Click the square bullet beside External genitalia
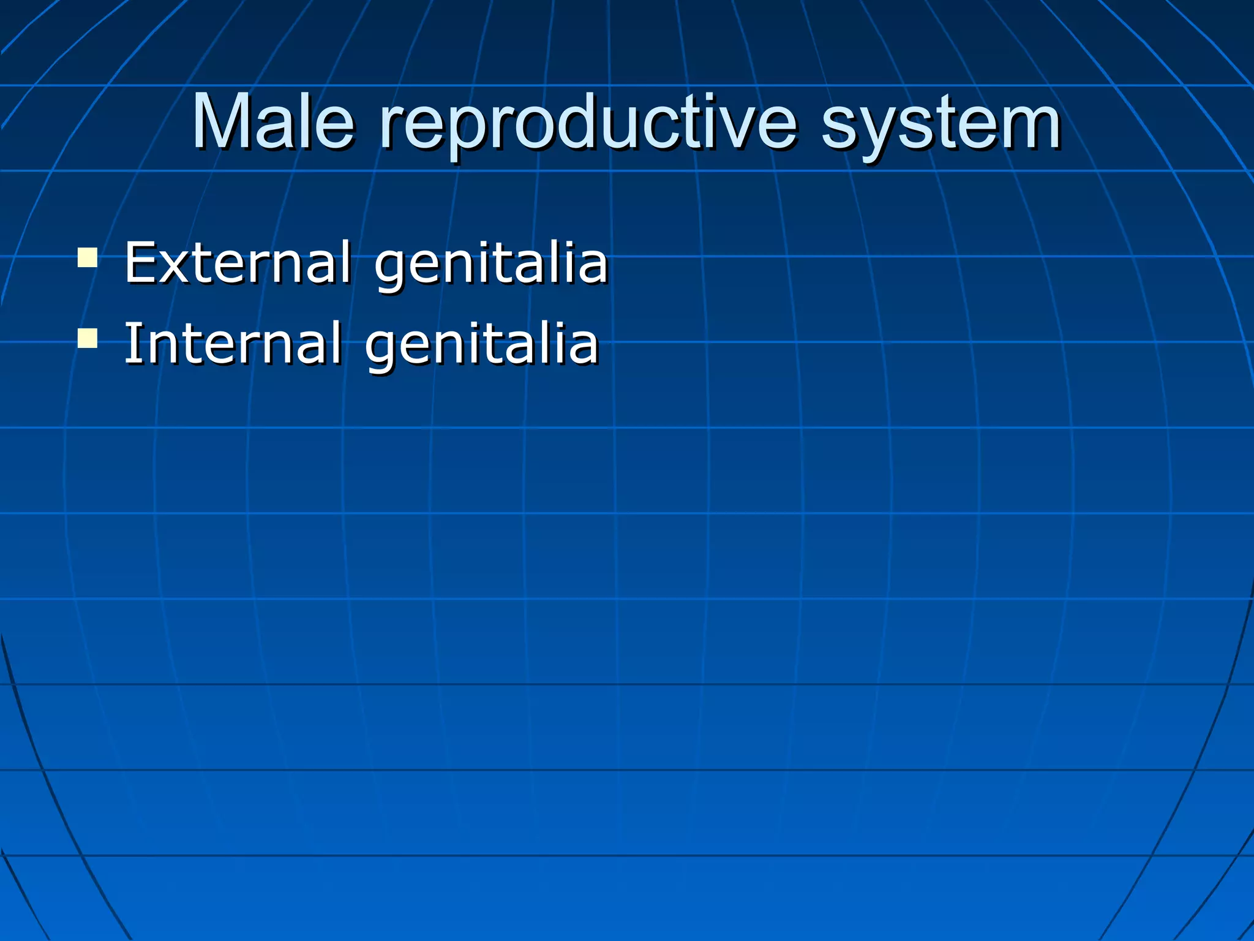(88, 257)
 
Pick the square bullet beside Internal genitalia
(88, 338)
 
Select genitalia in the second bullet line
(481, 344)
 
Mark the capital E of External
(140, 263)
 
